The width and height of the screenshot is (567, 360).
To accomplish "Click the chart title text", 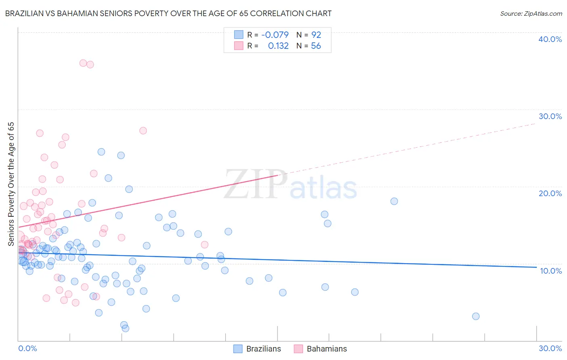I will coord(168,13).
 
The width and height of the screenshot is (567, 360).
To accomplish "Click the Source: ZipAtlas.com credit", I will coord(531,13).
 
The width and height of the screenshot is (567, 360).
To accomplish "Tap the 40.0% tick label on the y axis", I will coord(550,39).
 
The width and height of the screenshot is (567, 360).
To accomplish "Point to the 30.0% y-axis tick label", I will coord(550,116).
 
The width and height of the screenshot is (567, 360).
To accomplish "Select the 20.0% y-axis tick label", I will coord(550,193).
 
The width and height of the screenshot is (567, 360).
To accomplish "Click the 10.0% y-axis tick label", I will coord(550,271).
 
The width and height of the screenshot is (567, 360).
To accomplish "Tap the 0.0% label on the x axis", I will coord(27,348).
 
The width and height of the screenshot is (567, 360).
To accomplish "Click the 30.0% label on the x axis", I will coord(550,348).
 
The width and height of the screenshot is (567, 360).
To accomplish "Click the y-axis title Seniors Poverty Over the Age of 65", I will coord(11,184).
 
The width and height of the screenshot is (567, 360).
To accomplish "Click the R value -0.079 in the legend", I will coord(275,35).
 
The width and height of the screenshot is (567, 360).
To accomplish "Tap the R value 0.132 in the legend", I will coord(278,46).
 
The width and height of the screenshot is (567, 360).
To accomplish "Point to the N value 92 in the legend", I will coord(316,35).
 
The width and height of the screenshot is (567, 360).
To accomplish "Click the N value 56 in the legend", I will coord(316,46).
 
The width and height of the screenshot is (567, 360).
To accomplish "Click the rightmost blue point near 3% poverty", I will coord(475,316).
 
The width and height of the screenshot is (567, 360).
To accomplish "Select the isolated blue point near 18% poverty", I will coord(394,201).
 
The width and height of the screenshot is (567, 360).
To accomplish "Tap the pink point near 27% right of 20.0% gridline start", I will coord(143,130).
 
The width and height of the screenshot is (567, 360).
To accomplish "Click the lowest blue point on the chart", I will coord(125,329).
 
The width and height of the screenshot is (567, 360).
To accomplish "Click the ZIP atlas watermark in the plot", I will coord(290,185).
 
